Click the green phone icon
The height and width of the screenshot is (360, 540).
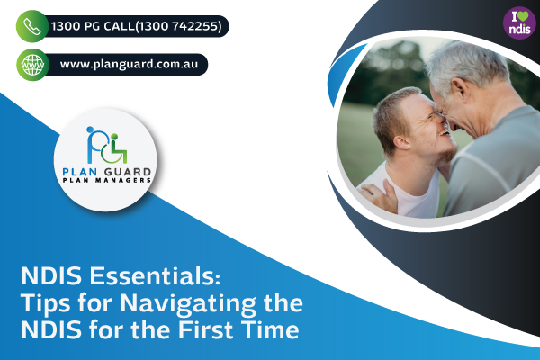[x=32, y=26]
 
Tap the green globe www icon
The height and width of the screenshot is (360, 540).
[x=32, y=65]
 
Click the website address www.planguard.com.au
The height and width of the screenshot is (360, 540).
[x=129, y=65]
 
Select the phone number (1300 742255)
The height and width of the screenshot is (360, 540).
[x=178, y=26]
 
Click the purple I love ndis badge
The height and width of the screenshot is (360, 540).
[x=519, y=23]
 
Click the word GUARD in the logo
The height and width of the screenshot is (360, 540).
[x=128, y=172]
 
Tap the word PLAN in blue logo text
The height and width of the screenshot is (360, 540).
[x=80, y=172]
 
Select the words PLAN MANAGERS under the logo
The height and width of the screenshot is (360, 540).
[x=107, y=180]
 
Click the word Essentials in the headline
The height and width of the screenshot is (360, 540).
[x=155, y=276]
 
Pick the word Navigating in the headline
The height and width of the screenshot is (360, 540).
[x=188, y=303]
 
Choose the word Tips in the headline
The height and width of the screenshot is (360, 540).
[x=46, y=303]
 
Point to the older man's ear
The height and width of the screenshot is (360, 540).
[x=461, y=91]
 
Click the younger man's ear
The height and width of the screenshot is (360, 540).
[x=401, y=142]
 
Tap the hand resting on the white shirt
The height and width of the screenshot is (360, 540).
[x=380, y=195]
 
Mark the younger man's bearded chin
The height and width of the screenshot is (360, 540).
[x=446, y=156]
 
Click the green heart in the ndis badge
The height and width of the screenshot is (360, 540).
[x=524, y=17]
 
